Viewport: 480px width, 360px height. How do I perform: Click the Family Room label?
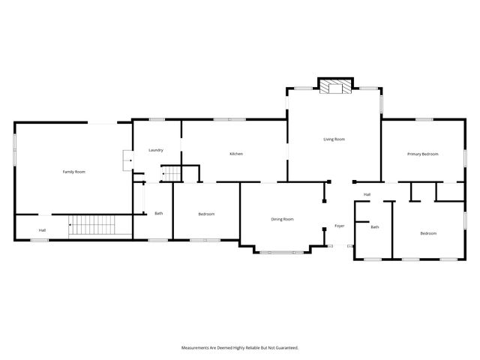[x=73, y=172]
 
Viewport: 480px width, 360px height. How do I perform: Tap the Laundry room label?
[x=156, y=150]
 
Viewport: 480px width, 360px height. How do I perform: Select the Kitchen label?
[x=235, y=154]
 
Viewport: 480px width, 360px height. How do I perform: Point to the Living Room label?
[x=334, y=139]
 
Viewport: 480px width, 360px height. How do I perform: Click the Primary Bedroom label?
[x=422, y=154]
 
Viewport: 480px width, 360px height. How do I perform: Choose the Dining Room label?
[x=282, y=219]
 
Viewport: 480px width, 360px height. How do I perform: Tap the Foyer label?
[x=339, y=226]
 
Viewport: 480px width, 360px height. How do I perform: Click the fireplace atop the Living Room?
[x=334, y=88]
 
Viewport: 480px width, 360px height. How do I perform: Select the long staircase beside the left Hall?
[x=90, y=226]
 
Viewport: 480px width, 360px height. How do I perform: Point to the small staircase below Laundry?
[x=172, y=174]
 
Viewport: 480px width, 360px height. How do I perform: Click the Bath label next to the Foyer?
[x=374, y=226]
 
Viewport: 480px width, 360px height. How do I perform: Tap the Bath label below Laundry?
[x=159, y=214]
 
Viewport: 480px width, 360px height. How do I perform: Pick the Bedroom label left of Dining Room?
[x=206, y=214]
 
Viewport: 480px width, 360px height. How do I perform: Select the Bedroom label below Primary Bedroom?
[x=427, y=233]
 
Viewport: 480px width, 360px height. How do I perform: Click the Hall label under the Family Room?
[x=43, y=229]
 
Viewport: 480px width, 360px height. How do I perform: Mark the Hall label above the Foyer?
[x=367, y=195]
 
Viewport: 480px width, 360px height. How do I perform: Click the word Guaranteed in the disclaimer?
[x=284, y=347]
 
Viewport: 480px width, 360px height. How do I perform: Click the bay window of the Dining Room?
[x=282, y=252]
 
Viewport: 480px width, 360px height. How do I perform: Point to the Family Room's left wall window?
[x=15, y=147]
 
